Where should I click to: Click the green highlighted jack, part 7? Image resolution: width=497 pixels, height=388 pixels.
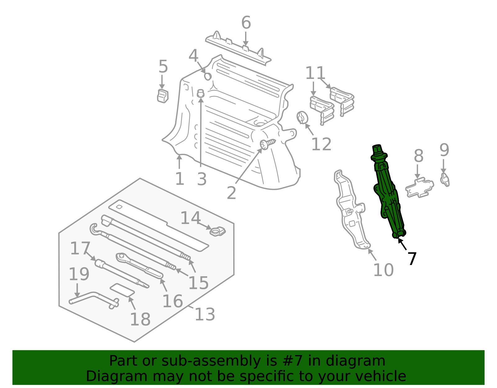coord(388,192)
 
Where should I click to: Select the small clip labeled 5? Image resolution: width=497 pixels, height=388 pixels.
coord(163,96)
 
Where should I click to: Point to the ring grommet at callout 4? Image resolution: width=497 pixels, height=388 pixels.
coord(208,77)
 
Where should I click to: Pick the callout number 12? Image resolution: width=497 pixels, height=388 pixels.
coord(321,144)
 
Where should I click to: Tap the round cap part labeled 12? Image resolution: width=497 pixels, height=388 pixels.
coord(302,117)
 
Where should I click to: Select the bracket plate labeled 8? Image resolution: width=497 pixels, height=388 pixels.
coord(419,188)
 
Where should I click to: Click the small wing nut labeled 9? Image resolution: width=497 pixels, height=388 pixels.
coord(445,180)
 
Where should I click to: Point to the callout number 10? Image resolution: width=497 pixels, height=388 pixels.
coord(384,270)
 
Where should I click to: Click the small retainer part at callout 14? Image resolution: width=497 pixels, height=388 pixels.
coord(217,231)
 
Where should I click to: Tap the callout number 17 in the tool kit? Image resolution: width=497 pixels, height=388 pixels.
coord(80,248)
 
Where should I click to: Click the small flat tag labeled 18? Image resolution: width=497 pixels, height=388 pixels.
coord(122,290)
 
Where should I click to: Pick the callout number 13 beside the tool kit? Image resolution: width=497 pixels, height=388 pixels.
coord(205,314)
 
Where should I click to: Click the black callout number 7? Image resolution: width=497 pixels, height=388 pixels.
coord(412,258)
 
